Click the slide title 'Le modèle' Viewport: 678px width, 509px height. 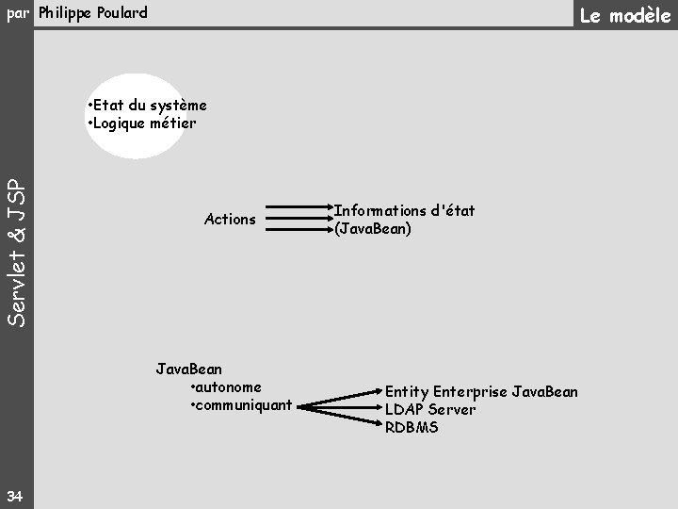pos(624,15)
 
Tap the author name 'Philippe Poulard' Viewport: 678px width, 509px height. pos(93,13)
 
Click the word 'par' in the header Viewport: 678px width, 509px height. pos(18,13)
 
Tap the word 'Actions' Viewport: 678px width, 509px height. pos(230,220)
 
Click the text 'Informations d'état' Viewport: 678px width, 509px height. pos(404,211)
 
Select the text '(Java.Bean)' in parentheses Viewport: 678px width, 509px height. pos(372,228)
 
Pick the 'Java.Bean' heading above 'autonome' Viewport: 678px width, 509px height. pos(188,369)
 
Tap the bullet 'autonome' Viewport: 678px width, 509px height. pos(226,386)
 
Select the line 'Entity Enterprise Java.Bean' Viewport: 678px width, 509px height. pos(481,391)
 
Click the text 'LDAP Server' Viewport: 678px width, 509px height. pos(430,409)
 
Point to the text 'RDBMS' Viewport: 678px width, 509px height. pos(412,427)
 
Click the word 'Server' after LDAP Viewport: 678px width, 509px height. pos(452,409)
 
